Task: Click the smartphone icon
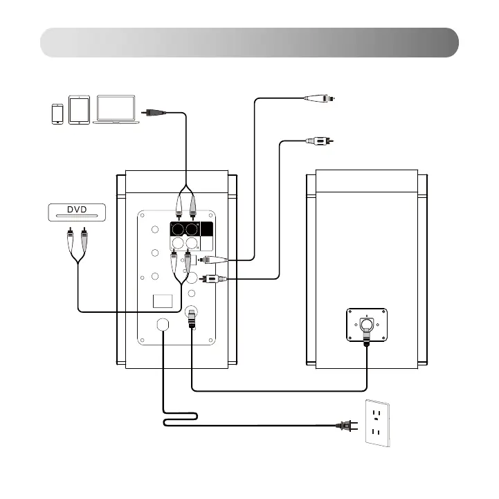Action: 57,114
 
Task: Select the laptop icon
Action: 118,111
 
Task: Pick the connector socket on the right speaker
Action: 366,323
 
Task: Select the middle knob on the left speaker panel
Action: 153,253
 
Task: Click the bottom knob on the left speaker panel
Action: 153,278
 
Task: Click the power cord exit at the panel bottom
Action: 165,325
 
